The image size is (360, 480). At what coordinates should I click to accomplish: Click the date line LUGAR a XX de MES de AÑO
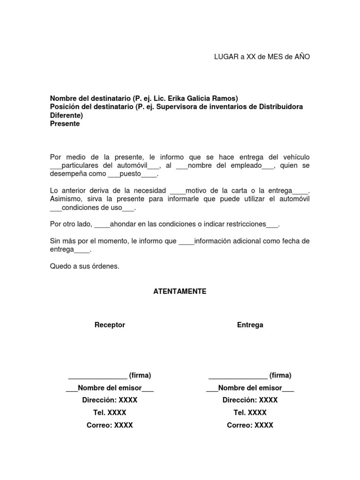coord(262,57)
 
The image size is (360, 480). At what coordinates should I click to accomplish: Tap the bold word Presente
coord(65,124)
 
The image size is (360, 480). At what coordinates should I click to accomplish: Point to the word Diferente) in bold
coord(66,115)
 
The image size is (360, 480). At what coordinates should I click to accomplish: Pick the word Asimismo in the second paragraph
coord(64,199)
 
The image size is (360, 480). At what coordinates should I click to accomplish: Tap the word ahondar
coord(123,224)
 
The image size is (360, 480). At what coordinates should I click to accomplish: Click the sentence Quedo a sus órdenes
coord(85,266)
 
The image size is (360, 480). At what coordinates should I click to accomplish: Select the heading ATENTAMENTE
coord(180,291)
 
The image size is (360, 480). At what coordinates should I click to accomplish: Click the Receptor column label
coord(110,325)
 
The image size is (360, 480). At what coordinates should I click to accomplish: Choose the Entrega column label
coord(250,325)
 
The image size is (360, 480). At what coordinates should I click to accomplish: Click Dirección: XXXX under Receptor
coord(110,400)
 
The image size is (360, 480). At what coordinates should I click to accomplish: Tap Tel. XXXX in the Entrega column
coord(250,412)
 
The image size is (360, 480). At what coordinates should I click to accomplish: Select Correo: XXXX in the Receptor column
coord(110,425)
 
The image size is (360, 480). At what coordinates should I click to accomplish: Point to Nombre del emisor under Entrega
coord(250,388)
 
